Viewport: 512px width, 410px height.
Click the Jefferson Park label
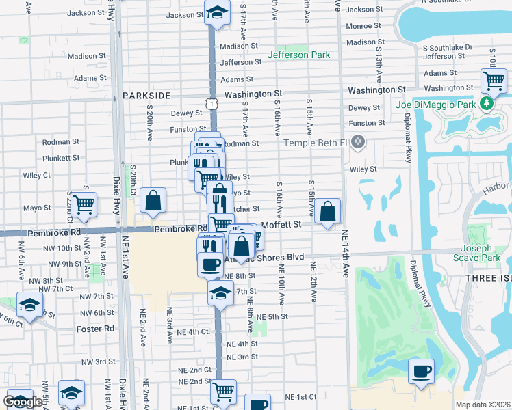299,55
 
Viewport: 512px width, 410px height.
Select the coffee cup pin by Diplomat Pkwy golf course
421,371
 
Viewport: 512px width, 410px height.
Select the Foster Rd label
96,329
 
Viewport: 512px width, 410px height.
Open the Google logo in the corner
23,402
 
